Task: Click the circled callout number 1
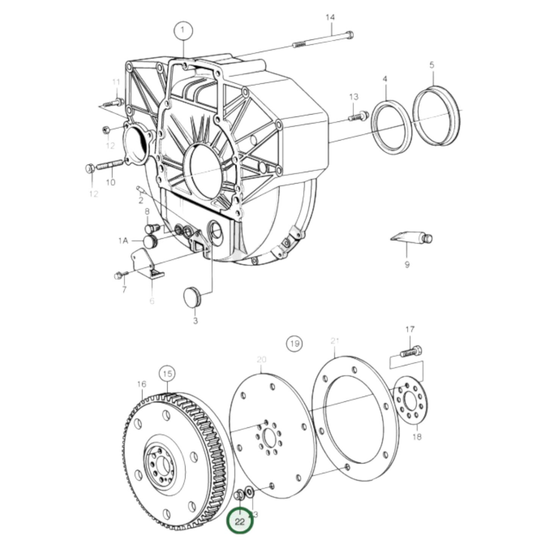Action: (184, 30)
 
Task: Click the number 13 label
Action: (353, 97)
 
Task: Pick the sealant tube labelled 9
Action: (411, 238)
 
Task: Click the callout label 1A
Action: (123, 240)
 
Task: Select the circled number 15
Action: (168, 374)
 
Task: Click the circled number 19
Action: (295, 344)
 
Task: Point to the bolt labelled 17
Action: (411, 351)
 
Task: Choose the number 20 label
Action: (262, 359)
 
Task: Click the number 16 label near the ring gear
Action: (141, 384)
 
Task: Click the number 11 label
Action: (116, 82)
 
